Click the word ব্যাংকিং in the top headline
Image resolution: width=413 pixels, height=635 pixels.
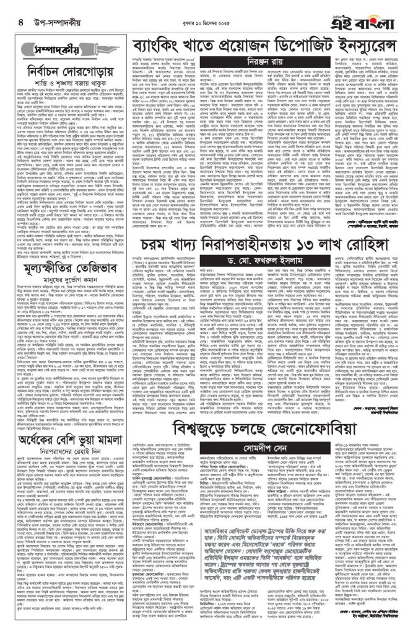[160, 46]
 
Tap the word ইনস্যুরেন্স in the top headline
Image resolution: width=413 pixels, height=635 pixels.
[359, 46]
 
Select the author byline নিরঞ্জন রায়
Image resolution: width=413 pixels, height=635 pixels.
[267, 63]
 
